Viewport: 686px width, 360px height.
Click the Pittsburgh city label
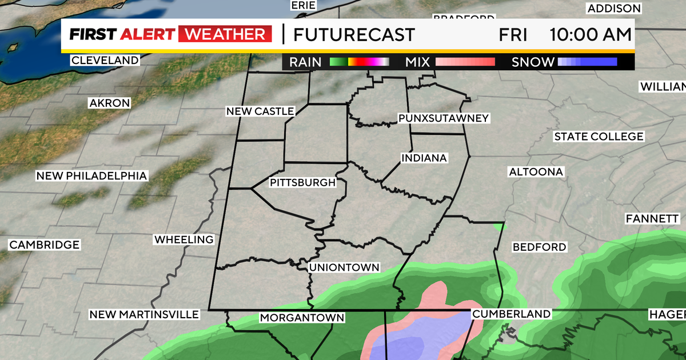pyautogui.click(x=302, y=183)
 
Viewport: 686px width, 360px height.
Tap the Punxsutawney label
pyautogui.click(x=444, y=118)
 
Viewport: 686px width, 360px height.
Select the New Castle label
pyautogui.click(x=260, y=111)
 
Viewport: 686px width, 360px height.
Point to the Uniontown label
pyautogui.click(x=344, y=267)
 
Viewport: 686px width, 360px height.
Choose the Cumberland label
pyautogui.click(x=511, y=314)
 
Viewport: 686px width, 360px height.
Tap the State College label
pyautogui.click(x=599, y=137)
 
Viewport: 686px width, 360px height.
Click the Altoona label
pyautogui.click(x=536, y=171)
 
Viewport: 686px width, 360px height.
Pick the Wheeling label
pyautogui.click(x=184, y=239)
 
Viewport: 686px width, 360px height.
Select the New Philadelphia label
pyautogui.click(x=91, y=176)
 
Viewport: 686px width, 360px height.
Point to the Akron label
pyautogui.click(x=110, y=103)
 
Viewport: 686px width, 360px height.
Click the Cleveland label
pyautogui.click(x=105, y=60)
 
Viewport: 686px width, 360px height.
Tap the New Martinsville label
pyautogui.click(x=144, y=315)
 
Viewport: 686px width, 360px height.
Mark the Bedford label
pyautogui.click(x=539, y=247)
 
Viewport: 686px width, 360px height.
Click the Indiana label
pyautogui.click(x=424, y=158)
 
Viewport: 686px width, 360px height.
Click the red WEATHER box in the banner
pyautogui.click(x=225, y=34)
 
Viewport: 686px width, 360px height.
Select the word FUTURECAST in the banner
pyautogui.click(x=354, y=34)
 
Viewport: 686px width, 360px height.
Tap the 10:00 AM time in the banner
pyautogui.click(x=591, y=34)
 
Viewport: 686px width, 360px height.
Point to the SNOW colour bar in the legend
pyautogui.click(x=587, y=62)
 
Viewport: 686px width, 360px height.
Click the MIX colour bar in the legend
pyautogui.click(x=465, y=62)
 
